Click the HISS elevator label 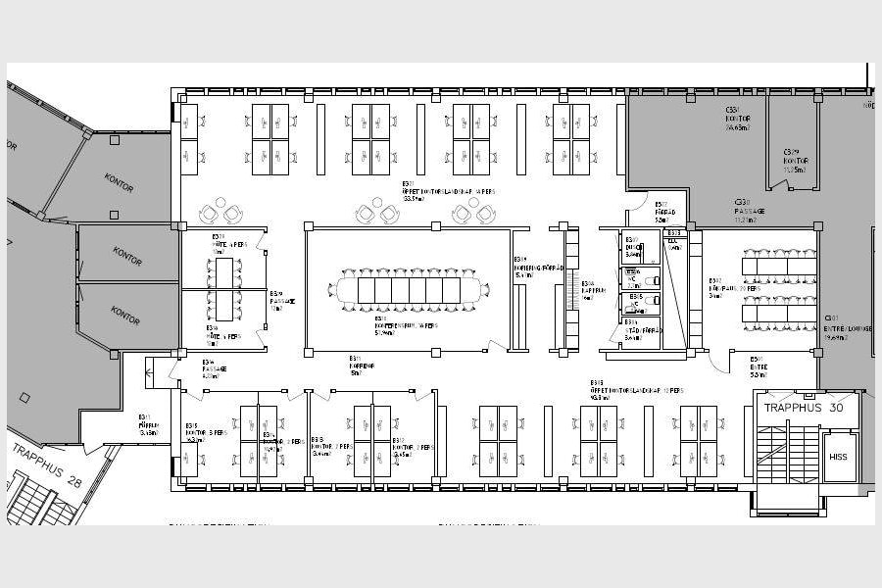click(838, 457)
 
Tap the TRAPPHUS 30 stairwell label click(803, 408)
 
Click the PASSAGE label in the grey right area click(750, 211)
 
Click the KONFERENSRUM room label click(405, 325)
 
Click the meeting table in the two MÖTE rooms click(225, 289)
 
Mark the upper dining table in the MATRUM click(779, 266)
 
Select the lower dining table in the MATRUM click(779, 313)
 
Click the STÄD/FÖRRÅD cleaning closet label click(644, 331)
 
